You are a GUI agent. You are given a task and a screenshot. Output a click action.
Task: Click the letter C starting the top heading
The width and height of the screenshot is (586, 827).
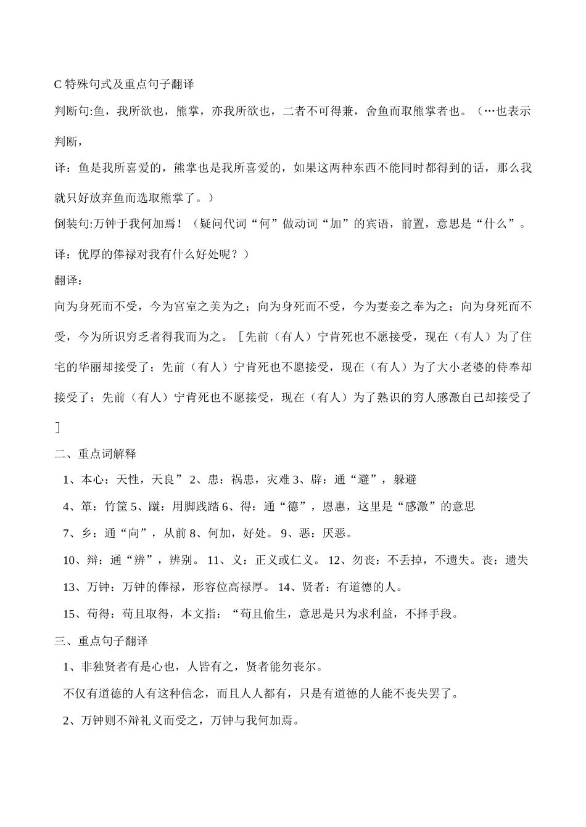[x=59, y=84]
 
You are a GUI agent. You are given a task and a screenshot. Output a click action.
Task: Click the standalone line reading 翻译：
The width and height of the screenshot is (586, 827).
[x=68, y=280]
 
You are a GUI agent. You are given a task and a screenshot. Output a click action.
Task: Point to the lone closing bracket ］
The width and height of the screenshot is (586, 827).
[x=58, y=427]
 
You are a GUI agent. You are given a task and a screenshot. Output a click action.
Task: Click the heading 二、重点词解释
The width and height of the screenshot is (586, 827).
[x=95, y=454]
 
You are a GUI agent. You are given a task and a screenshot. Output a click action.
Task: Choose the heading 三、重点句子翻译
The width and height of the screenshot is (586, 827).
[x=101, y=641]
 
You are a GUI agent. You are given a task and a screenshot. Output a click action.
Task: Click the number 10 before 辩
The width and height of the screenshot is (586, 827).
[x=69, y=561]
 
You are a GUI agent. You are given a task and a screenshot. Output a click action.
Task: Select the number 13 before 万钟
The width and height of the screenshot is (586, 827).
[x=69, y=587]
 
